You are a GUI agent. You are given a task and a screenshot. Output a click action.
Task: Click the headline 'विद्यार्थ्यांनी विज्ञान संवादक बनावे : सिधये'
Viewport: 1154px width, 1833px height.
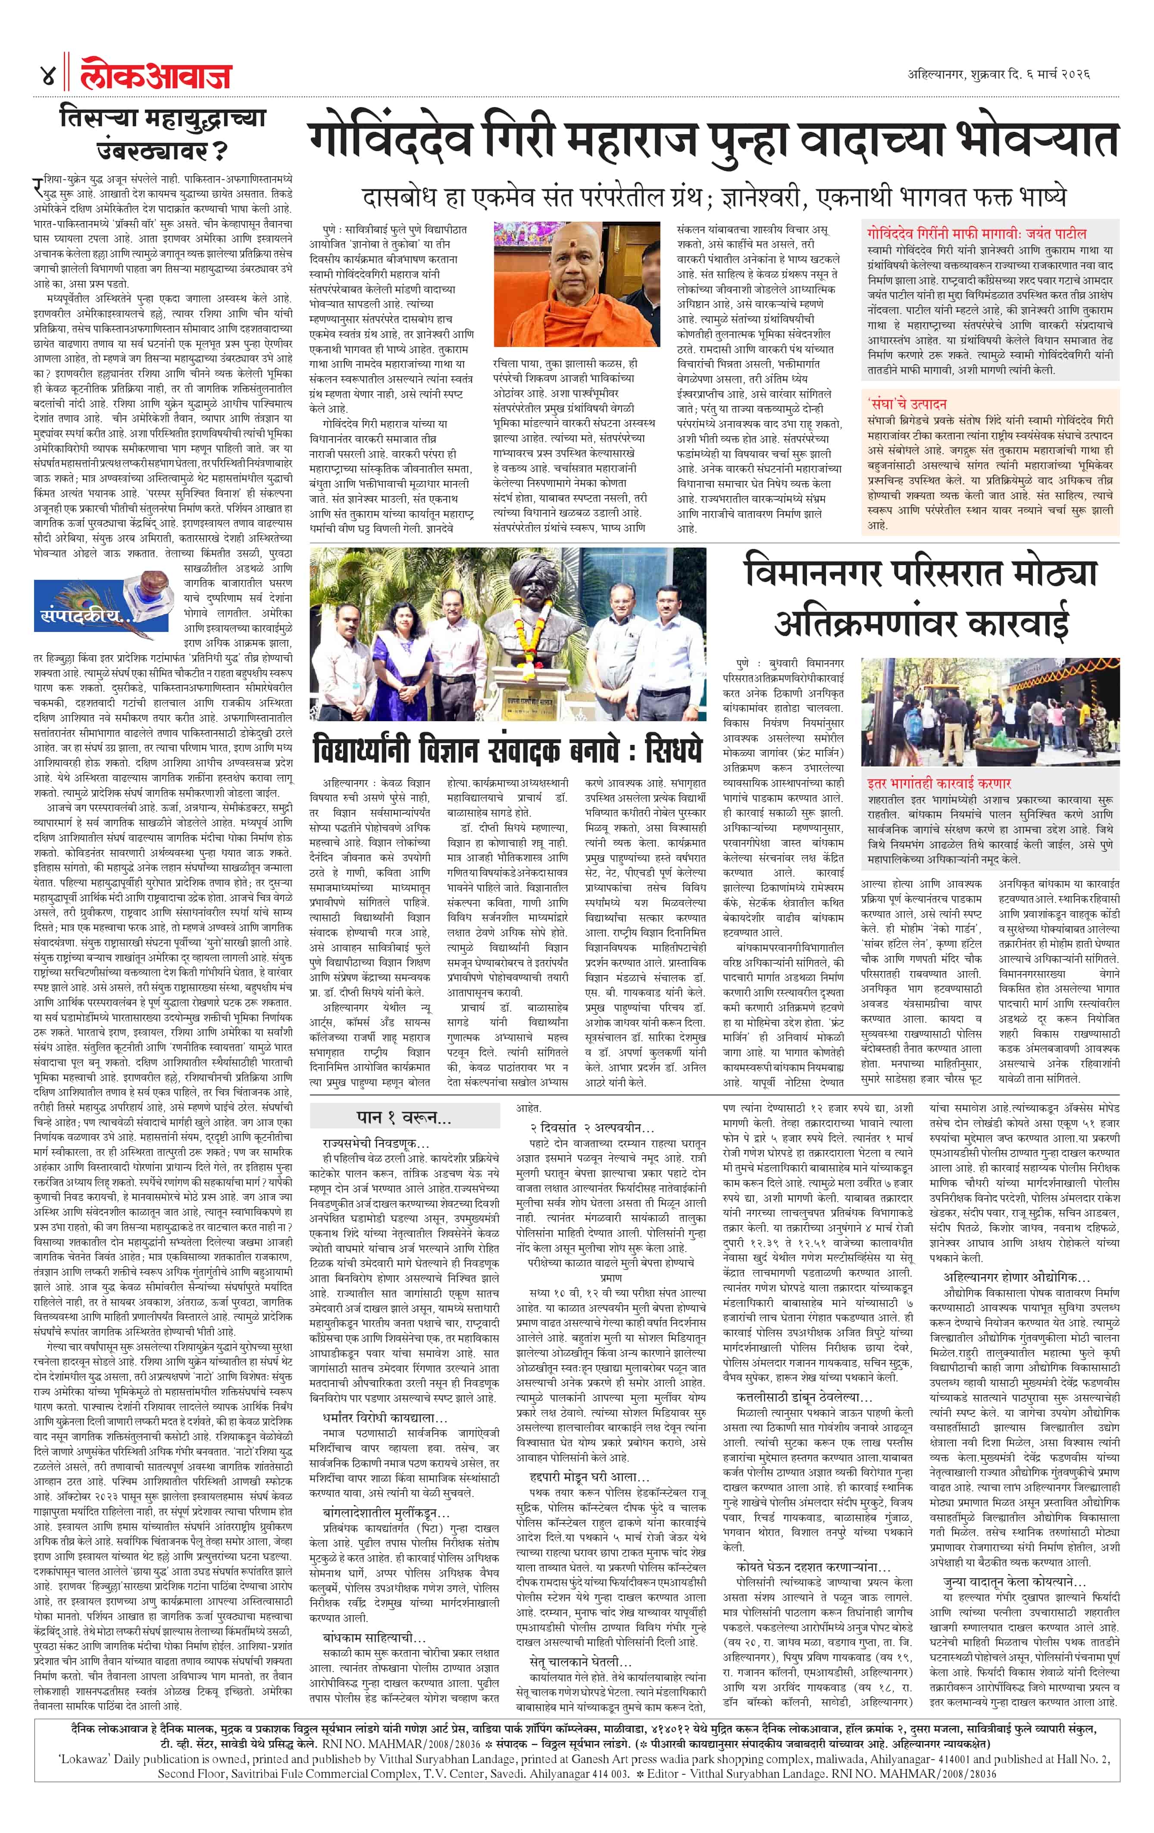506,750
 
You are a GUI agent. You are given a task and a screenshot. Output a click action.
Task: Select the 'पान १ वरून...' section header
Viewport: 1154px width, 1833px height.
403,1117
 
